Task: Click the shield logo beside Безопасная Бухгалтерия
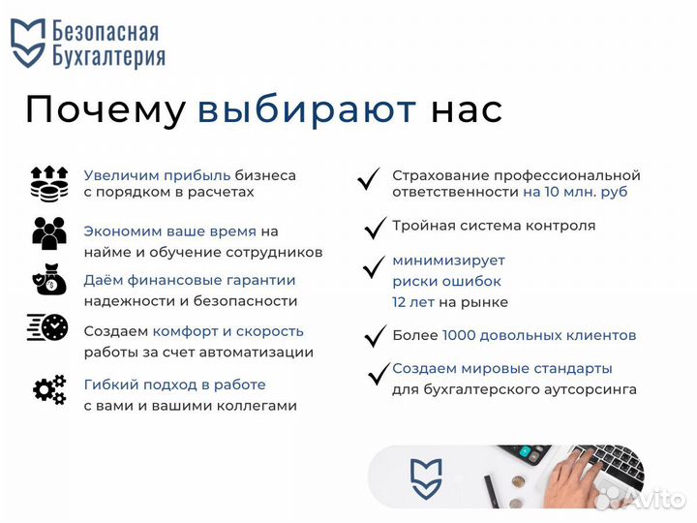click(28, 44)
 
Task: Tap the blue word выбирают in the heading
click(307, 109)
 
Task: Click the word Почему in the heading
click(105, 109)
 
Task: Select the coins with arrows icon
click(48, 183)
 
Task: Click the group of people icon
click(48, 233)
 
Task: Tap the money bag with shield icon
click(48, 281)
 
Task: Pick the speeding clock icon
click(47, 328)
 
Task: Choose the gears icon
click(48, 389)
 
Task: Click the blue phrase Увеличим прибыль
click(157, 175)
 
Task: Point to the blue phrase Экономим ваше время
click(169, 231)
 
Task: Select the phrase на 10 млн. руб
click(575, 192)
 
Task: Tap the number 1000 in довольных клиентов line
click(460, 335)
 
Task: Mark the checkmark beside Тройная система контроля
click(375, 229)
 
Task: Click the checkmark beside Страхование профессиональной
click(368, 179)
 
